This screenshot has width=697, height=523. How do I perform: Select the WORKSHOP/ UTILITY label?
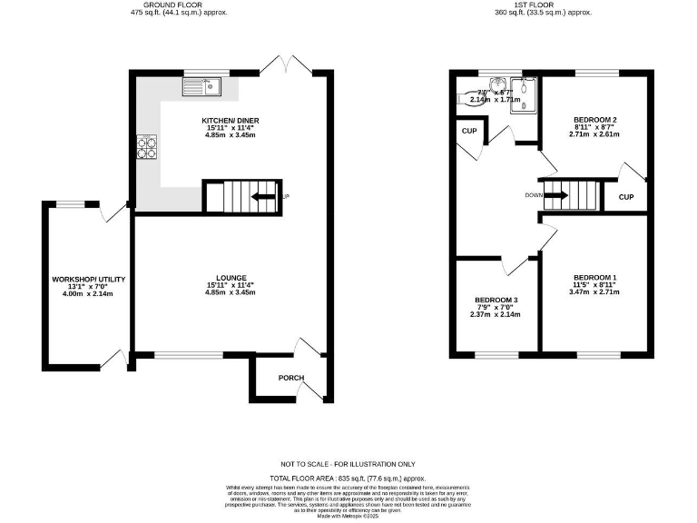pos(88,279)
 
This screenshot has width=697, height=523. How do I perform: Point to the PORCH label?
pos(290,378)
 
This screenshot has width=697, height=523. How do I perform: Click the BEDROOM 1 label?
pos(594,278)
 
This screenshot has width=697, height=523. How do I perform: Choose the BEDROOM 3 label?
pos(496,300)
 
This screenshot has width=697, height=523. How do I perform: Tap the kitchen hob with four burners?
pos(146,145)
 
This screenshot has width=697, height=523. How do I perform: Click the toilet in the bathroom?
pos(473,99)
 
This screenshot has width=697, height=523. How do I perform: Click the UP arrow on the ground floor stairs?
pos(265,197)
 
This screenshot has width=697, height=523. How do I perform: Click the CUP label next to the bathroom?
pos(468,132)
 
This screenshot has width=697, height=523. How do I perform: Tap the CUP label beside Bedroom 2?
pos(625,197)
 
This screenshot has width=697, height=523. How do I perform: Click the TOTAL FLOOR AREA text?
pos(348,478)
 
